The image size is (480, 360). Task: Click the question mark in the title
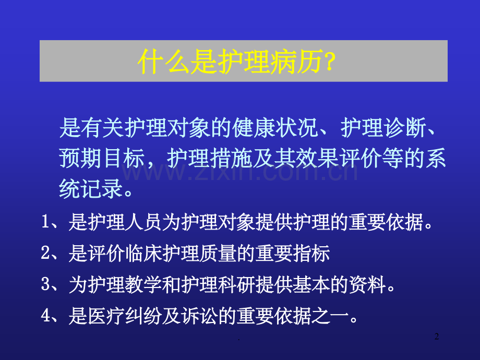(331, 62)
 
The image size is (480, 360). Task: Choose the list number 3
(45, 285)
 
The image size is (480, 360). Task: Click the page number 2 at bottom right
(437, 338)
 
